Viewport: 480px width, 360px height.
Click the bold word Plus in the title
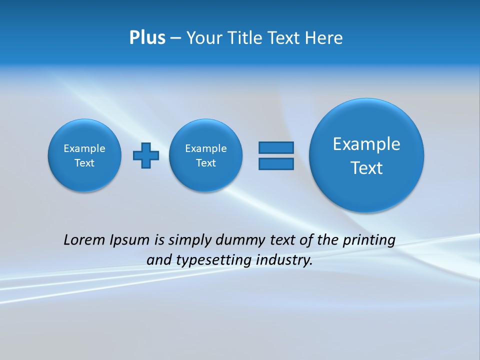(x=147, y=38)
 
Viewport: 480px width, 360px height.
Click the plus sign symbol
(x=146, y=155)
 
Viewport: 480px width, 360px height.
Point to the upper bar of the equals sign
(x=276, y=147)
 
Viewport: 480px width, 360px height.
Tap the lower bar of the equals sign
(x=276, y=164)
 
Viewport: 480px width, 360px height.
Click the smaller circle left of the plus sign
(x=84, y=155)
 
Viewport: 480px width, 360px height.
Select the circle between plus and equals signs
(x=206, y=155)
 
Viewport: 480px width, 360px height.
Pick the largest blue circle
(x=366, y=155)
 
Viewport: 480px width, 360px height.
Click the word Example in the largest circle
(x=366, y=144)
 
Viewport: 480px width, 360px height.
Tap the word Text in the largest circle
(x=366, y=168)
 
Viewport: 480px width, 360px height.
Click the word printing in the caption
(x=369, y=240)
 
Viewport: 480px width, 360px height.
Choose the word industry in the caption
(x=284, y=260)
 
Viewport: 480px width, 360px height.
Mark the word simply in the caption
(x=189, y=240)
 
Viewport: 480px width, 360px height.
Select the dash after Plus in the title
(x=175, y=38)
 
